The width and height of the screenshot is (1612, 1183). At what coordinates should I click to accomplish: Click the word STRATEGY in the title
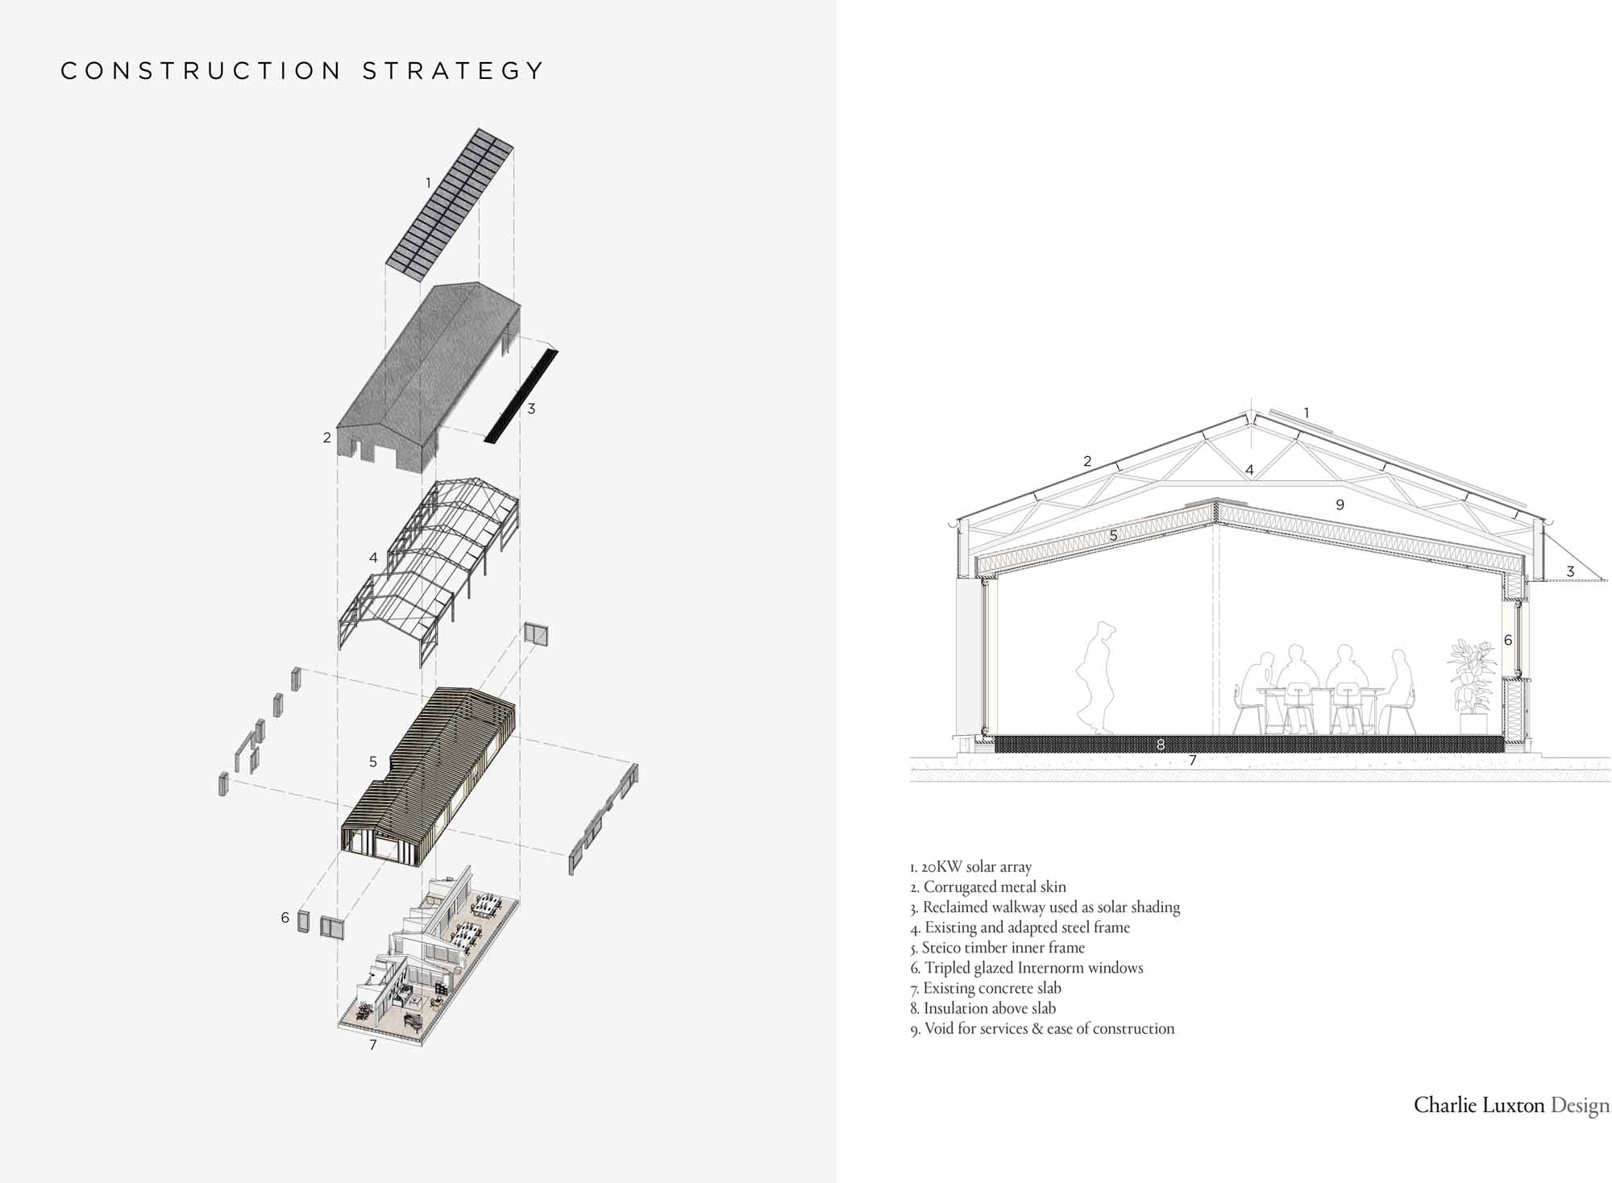(453, 71)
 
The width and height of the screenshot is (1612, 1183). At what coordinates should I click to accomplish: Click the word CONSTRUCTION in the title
(201, 71)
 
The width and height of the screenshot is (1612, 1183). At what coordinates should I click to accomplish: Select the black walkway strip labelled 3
(521, 395)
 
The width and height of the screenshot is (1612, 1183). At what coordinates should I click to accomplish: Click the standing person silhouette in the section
(1097, 677)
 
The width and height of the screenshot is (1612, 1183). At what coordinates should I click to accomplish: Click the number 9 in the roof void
(1340, 504)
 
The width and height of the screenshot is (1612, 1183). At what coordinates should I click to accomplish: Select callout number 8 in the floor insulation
(1161, 744)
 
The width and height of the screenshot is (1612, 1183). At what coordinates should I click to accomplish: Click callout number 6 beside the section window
(1508, 640)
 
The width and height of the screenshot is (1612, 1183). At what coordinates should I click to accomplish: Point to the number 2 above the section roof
(1087, 461)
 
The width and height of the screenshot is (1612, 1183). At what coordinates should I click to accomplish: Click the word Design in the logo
(1580, 1106)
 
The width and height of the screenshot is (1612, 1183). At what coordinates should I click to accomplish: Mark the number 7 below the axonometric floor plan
(372, 1045)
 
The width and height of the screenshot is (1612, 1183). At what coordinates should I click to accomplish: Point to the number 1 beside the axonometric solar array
(428, 183)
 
